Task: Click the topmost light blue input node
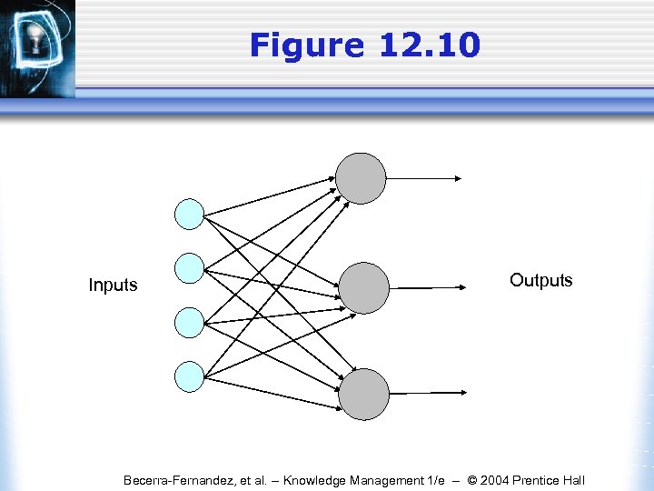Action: point(189,214)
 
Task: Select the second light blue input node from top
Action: point(189,267)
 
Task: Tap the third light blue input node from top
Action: point(189,322)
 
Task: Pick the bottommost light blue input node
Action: point(189,376)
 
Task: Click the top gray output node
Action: point(361,178)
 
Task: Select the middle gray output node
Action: point(364,287)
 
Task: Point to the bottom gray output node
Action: point(363,394)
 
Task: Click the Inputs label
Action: point(113,286)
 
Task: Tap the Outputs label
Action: point(540,280)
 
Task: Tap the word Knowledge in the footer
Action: point(317,480)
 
